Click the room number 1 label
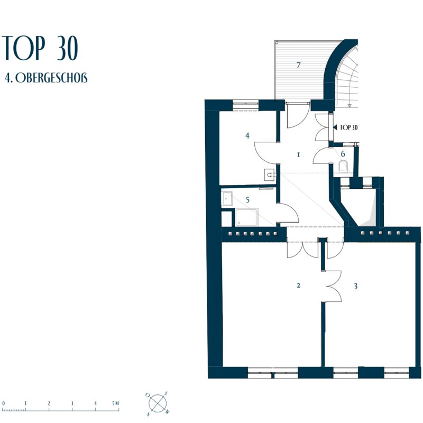(298, 155)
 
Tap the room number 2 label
(298, 285)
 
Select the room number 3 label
(356, 286)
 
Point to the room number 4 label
(247, 135)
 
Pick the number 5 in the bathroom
(247, 200)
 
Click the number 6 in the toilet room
(343, 154)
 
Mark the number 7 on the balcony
(298, 65)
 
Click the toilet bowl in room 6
(343, 166)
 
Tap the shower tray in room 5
(246, 217)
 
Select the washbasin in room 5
(227, 198)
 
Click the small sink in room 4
(270, 175)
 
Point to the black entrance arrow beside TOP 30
(335, 127)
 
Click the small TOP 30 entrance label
(348, 127)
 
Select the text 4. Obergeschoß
(46, 78)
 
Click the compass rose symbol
(158, 403)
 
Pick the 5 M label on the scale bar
(115, 403)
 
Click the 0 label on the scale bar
(4, 403)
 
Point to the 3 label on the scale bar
(72, 403)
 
